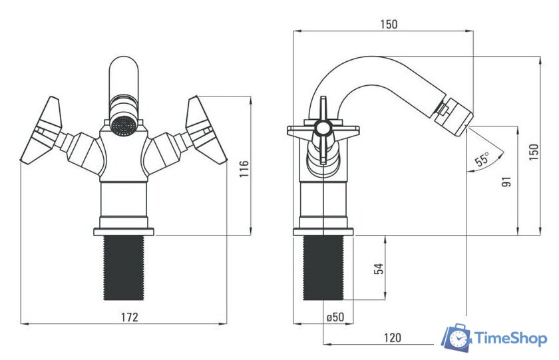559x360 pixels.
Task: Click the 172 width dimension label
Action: pyautogui.click(x=129, y=317)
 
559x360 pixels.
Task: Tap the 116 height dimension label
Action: pyautogui.click(x=244, y=169)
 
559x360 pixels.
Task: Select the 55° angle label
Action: pyautogui.click(x=482, y=159)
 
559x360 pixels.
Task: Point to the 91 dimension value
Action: pyautogui.click(x=506, y=182)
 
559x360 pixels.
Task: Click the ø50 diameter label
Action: pyautogui.click(x=335, y=317)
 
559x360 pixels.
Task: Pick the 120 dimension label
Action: pyautogui.click(x=392, y=337)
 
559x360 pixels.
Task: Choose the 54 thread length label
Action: pyautogui.click(x=379, y=268)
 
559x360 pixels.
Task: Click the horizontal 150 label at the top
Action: pyautogui.click(x=388, y=24)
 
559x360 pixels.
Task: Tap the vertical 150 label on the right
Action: pyautogui.click(x=533, y=152)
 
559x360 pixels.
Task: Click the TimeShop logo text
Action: pyautogui.click(x=511, y=338)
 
